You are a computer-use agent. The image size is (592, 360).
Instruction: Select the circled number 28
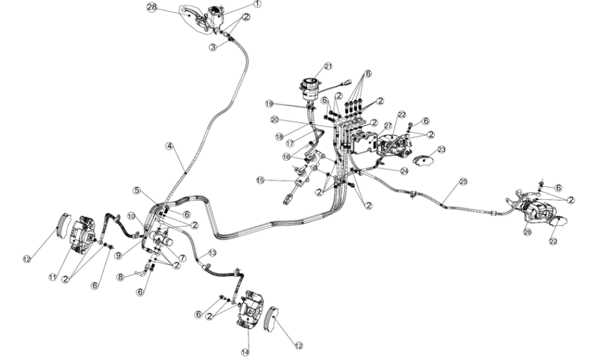point(153,7)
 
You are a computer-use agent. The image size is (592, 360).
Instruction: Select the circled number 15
point(261,180)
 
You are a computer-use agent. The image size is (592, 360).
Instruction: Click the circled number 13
point(212,252)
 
